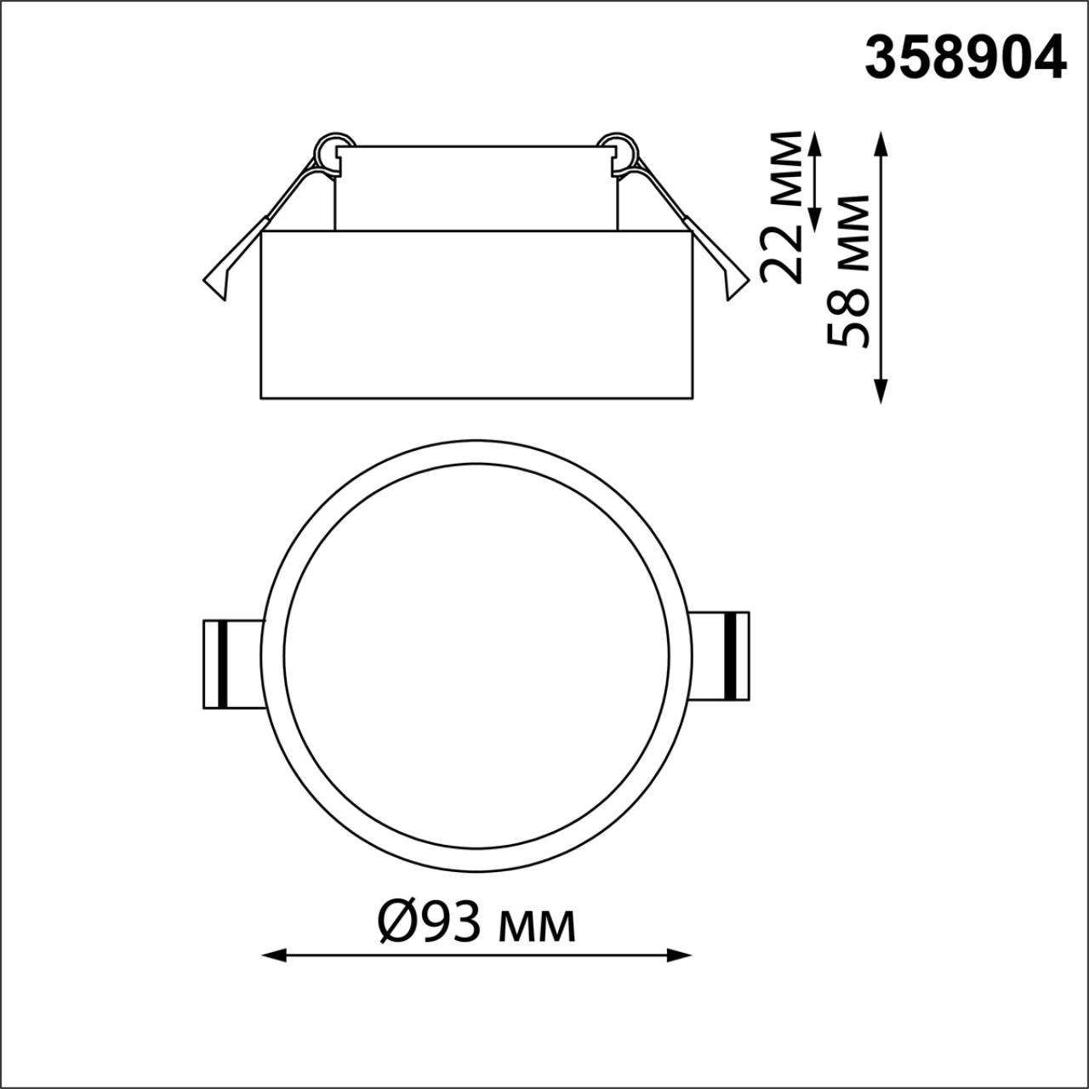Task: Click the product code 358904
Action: [x=965, y=59]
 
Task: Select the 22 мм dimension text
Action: [x=781, y=207]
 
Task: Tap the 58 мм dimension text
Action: [x=848, y=271]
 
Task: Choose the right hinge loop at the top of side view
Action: [x=619, y=151]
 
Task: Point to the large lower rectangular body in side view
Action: [x=477, y=315]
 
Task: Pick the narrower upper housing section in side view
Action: [x=476, y=189]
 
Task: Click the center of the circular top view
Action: [x=476, y=656]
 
